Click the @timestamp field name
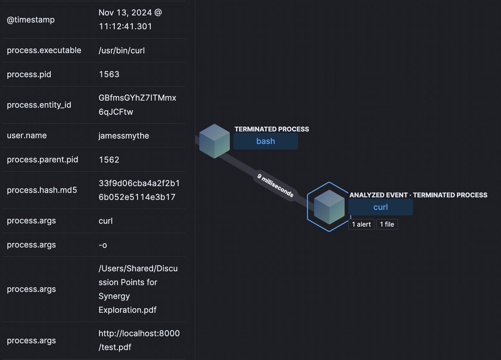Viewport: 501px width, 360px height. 30,20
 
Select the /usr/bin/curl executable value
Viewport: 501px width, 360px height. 122,50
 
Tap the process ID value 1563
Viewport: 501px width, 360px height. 109,74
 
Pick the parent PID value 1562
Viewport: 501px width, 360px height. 109,160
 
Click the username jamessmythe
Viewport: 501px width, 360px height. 124,136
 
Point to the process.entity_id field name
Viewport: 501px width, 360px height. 39,105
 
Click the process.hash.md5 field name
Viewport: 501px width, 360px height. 42,190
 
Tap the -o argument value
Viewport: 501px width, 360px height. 103,245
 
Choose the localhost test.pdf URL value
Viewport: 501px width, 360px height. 139,340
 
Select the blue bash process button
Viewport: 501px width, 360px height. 266,141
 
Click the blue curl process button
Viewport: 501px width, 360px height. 380,207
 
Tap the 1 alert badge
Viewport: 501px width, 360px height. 361,224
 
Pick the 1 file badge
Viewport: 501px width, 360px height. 387,224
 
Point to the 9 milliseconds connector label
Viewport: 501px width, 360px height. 275,185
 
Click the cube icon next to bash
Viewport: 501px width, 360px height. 214,141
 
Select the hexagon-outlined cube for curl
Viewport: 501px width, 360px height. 329,207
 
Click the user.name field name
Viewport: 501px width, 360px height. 27,136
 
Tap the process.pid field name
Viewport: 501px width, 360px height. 29,74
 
